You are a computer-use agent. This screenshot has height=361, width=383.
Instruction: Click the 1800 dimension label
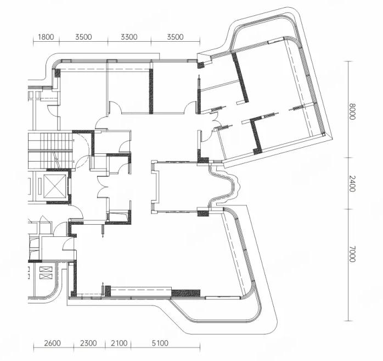pos(46,37)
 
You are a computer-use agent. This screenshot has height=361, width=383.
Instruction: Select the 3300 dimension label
pos(129,37)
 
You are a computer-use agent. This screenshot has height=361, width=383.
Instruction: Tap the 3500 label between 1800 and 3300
pos(83,37)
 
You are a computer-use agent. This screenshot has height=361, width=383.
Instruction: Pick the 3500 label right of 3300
pos(175,37)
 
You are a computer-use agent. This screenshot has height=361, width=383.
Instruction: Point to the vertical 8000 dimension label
pos(352,112)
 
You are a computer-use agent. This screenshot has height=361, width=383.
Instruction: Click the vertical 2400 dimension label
pos(352,184)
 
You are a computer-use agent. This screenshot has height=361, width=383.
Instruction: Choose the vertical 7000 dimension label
pos(352,254)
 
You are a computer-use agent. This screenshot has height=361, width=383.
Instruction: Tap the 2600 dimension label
pos(52,343)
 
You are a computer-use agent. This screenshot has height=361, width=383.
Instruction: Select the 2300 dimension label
pos(88,343)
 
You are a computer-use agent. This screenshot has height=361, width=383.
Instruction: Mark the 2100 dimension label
pos(119,343)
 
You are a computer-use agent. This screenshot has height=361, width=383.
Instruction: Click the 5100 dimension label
pos(160,343)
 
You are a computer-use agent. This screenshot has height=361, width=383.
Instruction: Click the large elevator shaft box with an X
pos(55,186)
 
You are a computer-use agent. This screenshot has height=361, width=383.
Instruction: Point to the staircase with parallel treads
pos(50,151)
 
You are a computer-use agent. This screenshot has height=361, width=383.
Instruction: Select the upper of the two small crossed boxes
pos(46,270)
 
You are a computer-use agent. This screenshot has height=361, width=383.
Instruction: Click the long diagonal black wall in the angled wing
pos(240,77)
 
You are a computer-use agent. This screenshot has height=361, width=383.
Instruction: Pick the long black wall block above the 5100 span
pos(185,293)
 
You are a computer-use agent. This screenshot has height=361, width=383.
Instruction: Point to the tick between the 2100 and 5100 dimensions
pos(131,347)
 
